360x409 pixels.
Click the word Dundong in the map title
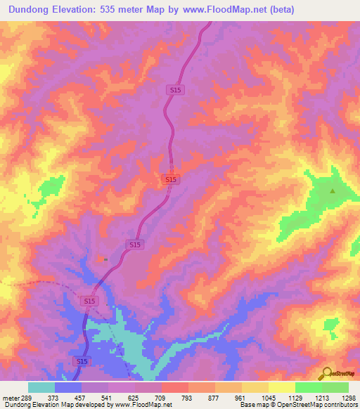click(x=33, y=9)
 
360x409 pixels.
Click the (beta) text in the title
click(x=279, y=9)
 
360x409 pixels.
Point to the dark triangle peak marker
click(x=333, y=190)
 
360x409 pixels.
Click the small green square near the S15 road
click(x=105, y=259)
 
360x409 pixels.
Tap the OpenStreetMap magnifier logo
click(x=326, y=373)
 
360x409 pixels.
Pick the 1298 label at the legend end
click(x=347, y=397)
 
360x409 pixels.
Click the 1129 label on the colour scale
click(x=295, y=397)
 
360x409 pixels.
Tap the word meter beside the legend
click(x=11, y=397)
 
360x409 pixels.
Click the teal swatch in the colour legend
click(x=41, y=387)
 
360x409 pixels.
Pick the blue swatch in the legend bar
click(x=67, y=387)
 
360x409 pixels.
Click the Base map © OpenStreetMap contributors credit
click(x=299, y=405)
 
